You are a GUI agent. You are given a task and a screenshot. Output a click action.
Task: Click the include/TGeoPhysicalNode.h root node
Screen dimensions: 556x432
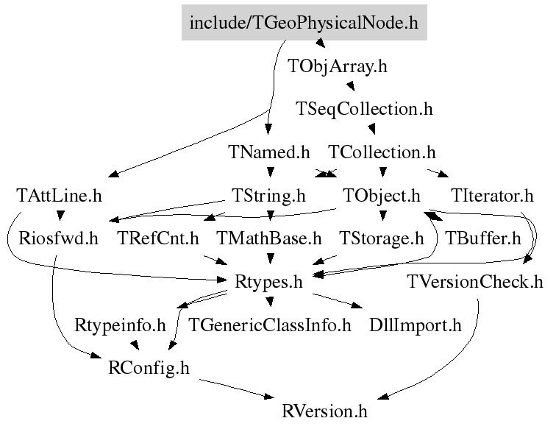pos(304,22)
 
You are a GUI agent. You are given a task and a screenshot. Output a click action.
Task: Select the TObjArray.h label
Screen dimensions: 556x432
pos(338,66)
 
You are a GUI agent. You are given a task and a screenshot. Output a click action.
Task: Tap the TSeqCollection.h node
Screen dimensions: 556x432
pos(364,109)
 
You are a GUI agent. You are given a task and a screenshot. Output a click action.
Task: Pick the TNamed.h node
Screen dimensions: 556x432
pos(268,152)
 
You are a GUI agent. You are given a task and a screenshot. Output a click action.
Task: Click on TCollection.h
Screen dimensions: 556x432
pos(382,152)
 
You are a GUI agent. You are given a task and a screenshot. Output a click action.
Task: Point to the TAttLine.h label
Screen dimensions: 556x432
pos(59,196)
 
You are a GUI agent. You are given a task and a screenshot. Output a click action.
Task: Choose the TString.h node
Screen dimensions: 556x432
pos(268,196)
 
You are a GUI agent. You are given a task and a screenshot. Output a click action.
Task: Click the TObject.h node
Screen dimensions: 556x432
pos(381,196)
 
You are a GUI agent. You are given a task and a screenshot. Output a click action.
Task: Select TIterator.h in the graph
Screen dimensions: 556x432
pos(492,196)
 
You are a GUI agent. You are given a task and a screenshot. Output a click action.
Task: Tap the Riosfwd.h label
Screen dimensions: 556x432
pos(58,238)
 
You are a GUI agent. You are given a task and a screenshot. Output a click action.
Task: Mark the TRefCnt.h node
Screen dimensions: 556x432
pos(158,238)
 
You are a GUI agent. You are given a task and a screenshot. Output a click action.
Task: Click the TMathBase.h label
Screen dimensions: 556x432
pos(268,238)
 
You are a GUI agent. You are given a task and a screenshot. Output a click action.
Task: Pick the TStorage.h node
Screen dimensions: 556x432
pos(381,238)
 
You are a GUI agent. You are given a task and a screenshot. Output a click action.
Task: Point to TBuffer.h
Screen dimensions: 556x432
pos(483,238)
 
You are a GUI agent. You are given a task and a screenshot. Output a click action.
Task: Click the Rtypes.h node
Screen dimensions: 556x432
pos(268,282)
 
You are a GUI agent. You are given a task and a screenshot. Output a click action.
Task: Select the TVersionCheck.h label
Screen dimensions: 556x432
pos(475,282)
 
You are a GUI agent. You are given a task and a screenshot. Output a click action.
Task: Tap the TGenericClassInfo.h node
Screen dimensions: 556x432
pos(269,325)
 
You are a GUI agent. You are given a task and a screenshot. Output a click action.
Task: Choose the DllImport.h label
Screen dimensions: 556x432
pos(416,325)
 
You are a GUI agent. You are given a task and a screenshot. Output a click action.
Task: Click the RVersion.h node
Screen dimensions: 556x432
pos(324,411)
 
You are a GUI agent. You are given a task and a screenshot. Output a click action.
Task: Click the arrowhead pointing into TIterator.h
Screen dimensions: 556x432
pos(443,174)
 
